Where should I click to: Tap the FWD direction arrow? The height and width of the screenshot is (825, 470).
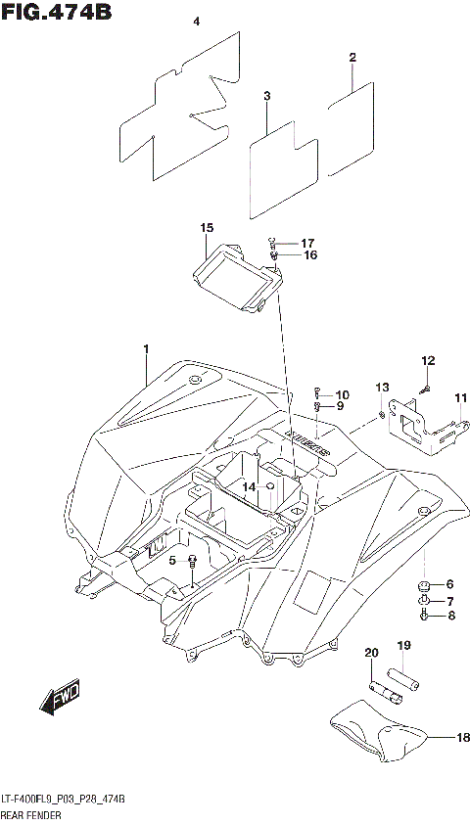pyautogui.click(x=61, y=699)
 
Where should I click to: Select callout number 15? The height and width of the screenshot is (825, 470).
pyautogui.click(x=207, y=228)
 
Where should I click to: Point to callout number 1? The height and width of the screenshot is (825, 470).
pyautogui.click(x=146, y=349)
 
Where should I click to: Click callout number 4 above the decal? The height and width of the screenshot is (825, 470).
pyautogui.click(x=196, y=22)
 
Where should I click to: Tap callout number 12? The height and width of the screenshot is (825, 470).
pyautogui.click(x=427, y=361)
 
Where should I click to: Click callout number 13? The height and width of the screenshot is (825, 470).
pyautogui.click(x=382, y=388)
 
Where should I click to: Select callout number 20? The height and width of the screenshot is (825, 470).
pyautogui.click(x=372, y=653)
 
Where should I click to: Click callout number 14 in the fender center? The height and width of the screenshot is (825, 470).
pyautogui.click(x=250, y=486)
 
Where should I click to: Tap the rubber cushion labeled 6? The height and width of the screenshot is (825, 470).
pyautogui.click(x=424, y=585)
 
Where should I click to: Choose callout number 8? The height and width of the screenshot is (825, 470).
pyautogui.click(x=451, y=616)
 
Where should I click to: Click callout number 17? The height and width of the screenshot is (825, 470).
pyautogui.click(x=307, y=243)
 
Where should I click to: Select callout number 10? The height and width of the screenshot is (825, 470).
pyautogui.click(x=342, y=394)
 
